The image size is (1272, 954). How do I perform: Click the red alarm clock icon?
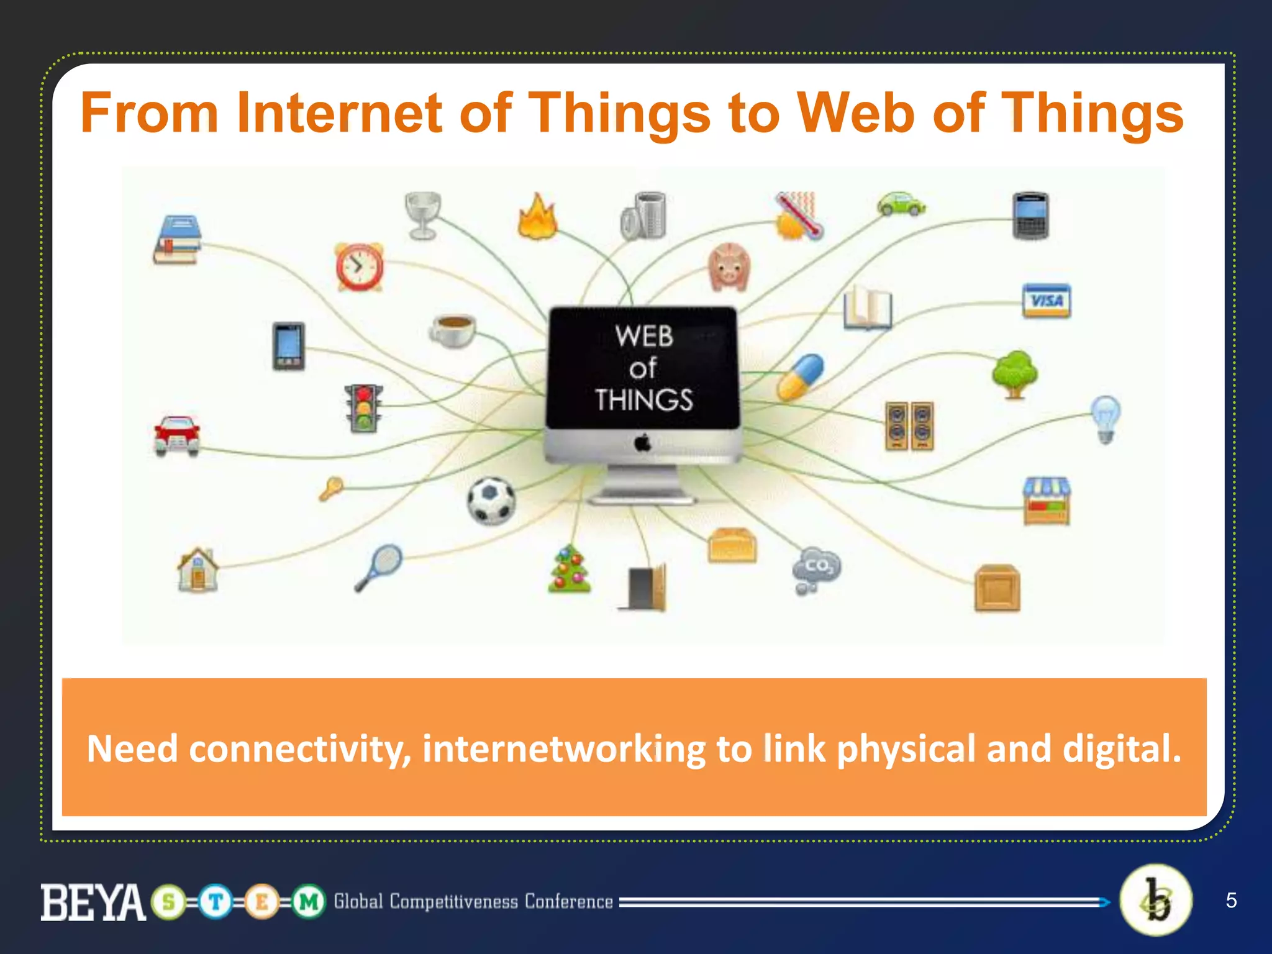[359, 267]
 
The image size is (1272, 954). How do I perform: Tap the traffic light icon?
[363, 408]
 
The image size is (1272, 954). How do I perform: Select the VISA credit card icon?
[1047, 301]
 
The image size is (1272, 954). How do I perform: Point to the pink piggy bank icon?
[729, 267]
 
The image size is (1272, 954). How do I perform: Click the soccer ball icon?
[491, 500]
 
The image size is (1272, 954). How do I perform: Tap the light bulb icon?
[1106, 419]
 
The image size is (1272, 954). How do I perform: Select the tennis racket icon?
[379, 567]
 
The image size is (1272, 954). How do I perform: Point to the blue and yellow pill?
[801, 377]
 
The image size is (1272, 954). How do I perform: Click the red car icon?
[177, 435]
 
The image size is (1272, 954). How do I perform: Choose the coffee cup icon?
[452, 329]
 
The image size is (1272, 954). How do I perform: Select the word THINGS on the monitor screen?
[643, 399]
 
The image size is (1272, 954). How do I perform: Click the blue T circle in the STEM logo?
[216, 901]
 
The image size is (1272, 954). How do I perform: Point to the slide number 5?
[1231, 901]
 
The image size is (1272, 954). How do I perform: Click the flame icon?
[537, 217]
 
